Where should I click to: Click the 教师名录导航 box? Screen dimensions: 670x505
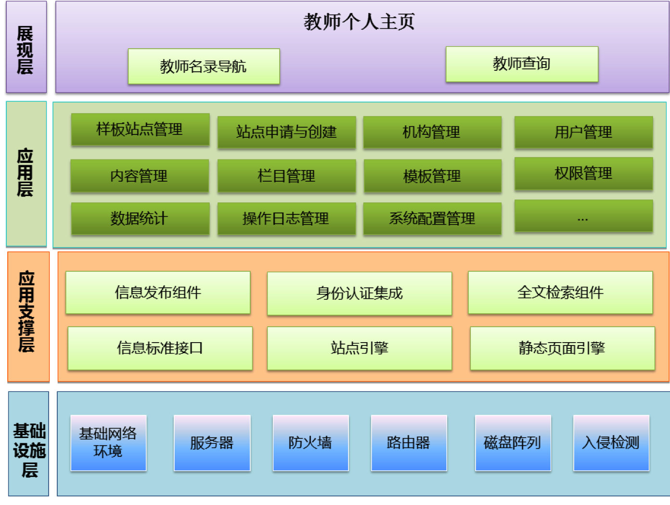coord(204,66)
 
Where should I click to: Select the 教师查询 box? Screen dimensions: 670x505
coord(522,64)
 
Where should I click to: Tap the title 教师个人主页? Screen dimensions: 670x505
coord(359,22)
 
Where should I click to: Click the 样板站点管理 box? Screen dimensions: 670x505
coord(141,129)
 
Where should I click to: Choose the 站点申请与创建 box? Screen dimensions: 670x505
coord(286,132)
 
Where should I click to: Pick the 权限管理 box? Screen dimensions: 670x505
coord(583,173)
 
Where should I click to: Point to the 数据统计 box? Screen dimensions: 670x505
coord(141,218)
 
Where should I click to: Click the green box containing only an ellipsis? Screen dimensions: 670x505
coord(583,216)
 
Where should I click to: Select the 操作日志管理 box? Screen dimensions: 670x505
coord(286,218)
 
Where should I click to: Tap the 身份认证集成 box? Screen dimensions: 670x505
coord(359,293)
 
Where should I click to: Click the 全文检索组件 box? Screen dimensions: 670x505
coord(560,292)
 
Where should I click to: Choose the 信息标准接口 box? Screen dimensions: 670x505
coord(160,348)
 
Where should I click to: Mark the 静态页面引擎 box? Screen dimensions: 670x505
coord(562,348)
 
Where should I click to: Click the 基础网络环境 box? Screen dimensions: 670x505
coord(108,443)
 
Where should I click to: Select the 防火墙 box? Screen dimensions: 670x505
coord(310,443)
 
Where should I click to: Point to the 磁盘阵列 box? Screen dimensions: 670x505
coord(513,443)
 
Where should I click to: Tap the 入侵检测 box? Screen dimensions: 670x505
coord(611,443)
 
